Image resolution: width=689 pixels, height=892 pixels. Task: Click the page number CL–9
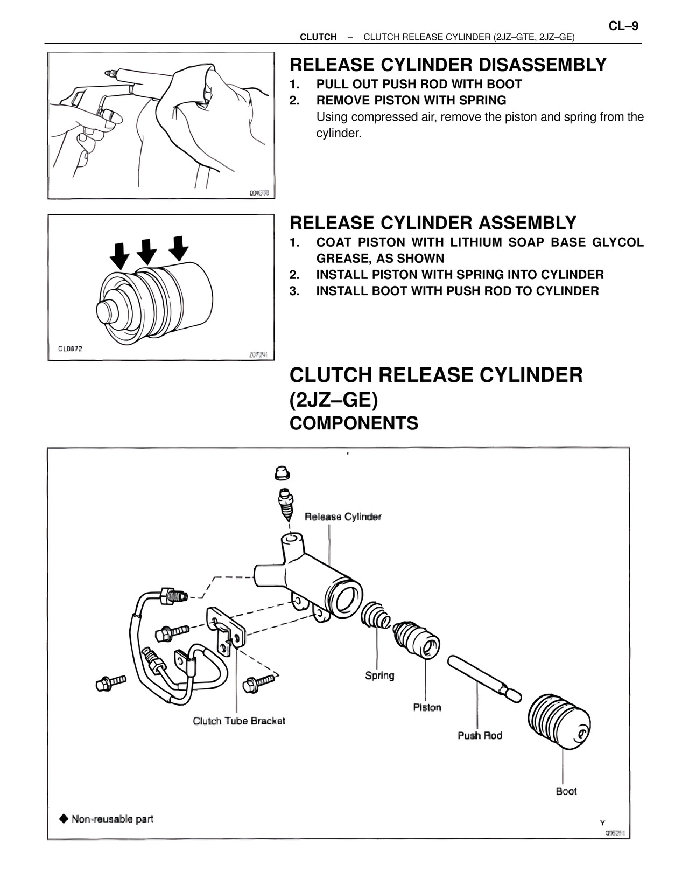coord(623,25)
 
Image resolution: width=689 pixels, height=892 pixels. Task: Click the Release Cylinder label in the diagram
coord(343,517)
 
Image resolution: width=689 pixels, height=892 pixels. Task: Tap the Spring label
coord(379,675)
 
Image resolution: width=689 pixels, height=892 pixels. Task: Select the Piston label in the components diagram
coord(427,707)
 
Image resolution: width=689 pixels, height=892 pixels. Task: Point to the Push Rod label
coord(480,735)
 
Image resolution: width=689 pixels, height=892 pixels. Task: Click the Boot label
coord(566,791)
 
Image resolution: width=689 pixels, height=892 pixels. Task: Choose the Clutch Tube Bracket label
coord(239,721)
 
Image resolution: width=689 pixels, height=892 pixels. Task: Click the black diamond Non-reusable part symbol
coord(64,819)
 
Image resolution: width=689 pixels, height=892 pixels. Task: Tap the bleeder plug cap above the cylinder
coord(282,473)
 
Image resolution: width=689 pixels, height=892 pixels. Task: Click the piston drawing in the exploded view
coord(417,640)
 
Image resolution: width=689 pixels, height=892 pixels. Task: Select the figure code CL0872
coord(71,349)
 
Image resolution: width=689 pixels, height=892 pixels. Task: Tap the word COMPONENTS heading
coord(354,423)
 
